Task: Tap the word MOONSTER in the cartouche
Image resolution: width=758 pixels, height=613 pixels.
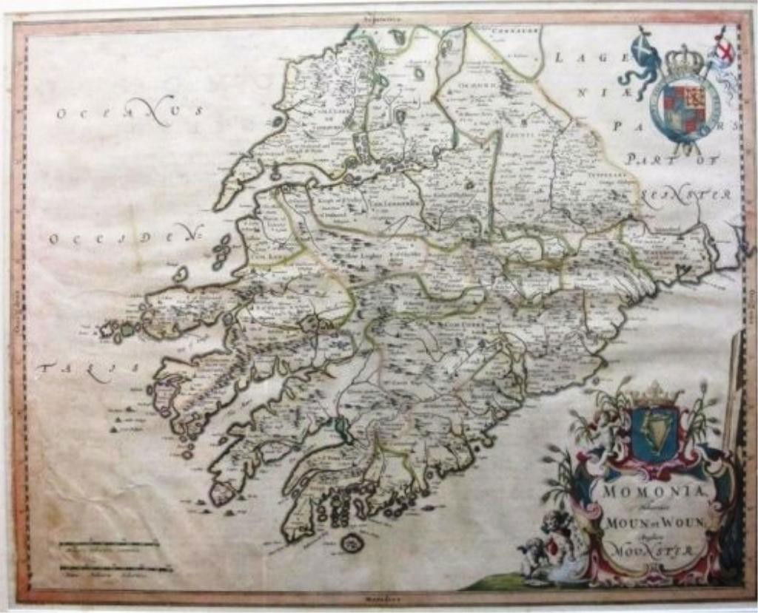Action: [x=641, y=550]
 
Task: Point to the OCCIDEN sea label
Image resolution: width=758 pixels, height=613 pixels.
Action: [x=126, y=238]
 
